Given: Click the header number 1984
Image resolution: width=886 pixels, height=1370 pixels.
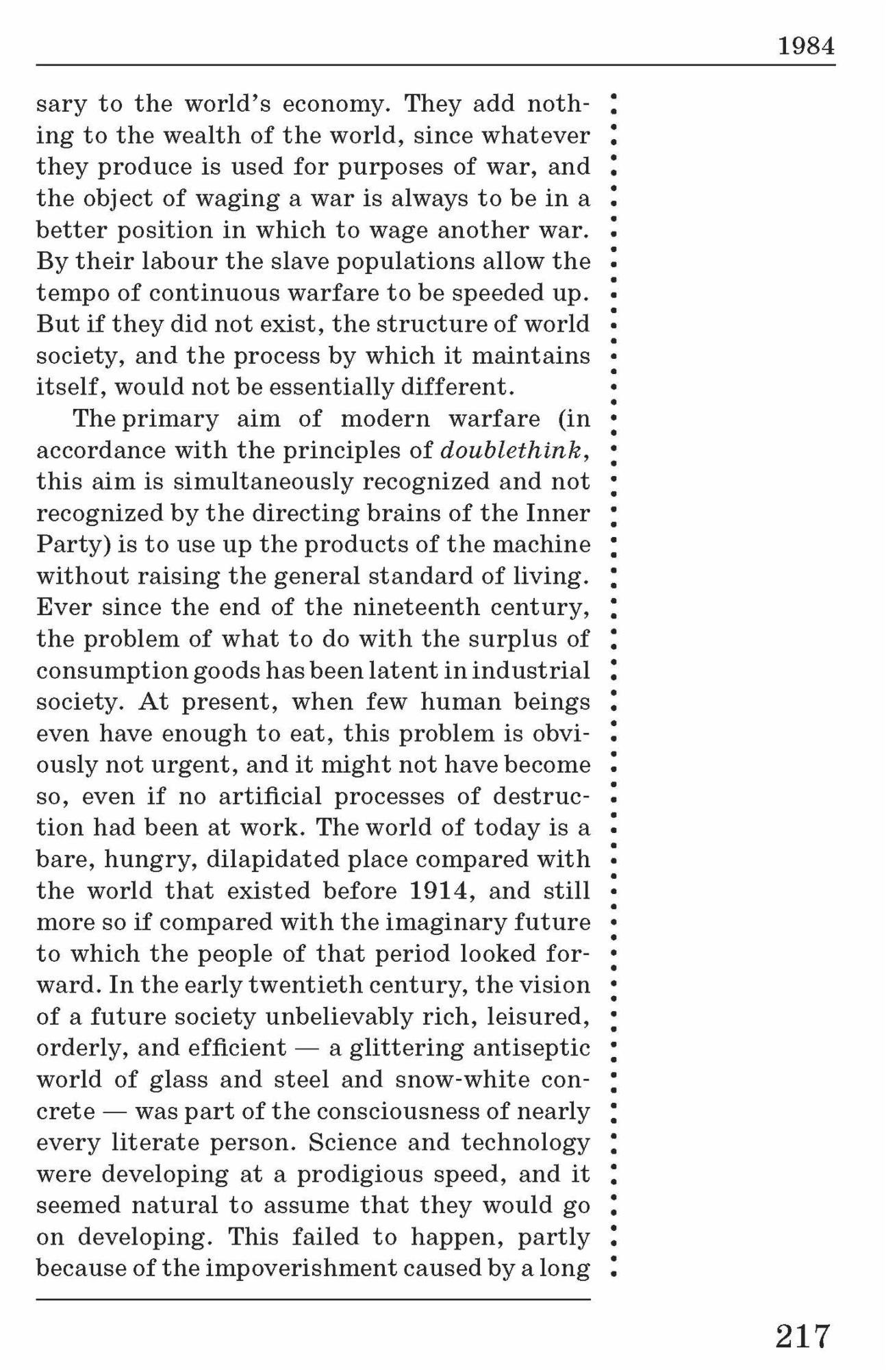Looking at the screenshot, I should click(x=806, y=47).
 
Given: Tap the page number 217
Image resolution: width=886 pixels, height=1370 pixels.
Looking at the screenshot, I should click(x=802, y=1336).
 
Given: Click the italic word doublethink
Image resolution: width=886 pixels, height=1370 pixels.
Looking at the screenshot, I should click(x=511, y=450).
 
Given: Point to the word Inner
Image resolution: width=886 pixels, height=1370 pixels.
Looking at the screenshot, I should click(x=558, y=513).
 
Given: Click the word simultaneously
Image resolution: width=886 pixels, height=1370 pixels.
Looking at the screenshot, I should click(x=263, y=482).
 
